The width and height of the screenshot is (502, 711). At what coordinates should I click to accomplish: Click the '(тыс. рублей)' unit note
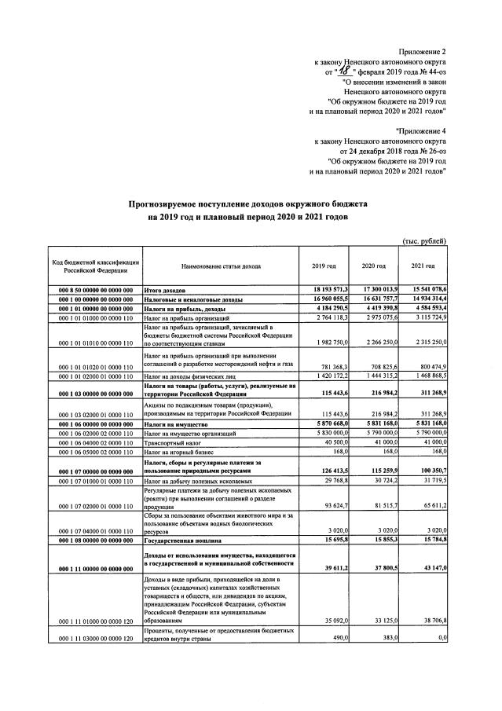pos(424,240)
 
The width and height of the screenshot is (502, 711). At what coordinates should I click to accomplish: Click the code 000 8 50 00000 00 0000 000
pos(95,291)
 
